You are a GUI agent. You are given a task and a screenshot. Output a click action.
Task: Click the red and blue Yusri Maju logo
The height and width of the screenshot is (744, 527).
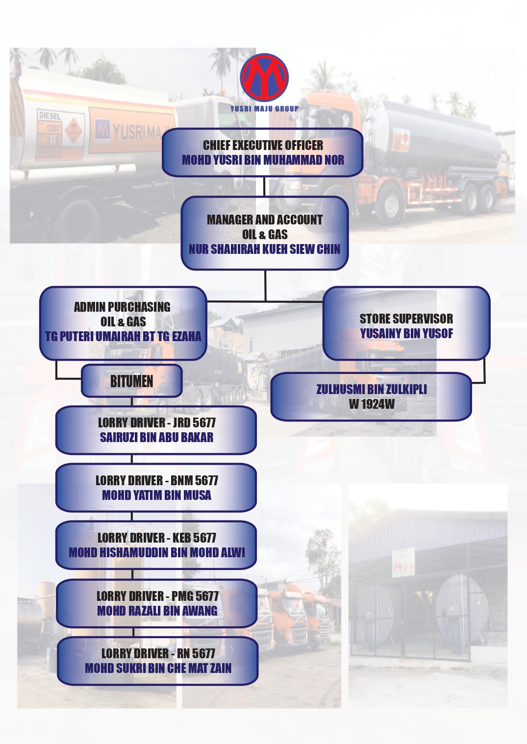coord(264,77)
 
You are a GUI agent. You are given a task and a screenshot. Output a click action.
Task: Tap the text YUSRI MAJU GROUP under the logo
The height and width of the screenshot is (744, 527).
coord(264,109)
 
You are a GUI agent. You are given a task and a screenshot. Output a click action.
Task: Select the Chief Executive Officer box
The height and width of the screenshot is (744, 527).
coord(263,152)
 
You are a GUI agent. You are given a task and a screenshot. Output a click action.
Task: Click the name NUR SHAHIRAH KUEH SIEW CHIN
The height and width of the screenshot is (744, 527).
coord(264,249)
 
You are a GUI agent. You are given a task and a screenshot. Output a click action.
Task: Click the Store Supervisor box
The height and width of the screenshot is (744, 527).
coord(406,323)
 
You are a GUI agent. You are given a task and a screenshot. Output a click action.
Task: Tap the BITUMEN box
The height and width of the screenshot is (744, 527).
coord(131,381)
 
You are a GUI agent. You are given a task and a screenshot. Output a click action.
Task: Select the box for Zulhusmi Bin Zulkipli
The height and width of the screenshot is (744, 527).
coord(371,397)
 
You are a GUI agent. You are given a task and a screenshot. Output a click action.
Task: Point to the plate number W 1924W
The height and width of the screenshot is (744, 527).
coord(372,404)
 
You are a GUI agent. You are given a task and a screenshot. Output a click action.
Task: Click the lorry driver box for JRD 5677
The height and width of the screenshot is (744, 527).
coord(156,430)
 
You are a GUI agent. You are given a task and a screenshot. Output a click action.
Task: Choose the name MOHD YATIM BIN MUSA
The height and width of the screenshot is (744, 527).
coord(156,496)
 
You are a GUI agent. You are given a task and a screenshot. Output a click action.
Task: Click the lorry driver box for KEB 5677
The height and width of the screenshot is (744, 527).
coord(156,545)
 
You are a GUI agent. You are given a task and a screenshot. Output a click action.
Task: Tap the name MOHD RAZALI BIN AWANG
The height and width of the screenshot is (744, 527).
coord(157,611)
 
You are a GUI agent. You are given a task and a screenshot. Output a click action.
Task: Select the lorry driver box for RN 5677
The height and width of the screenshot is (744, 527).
coord(157,661)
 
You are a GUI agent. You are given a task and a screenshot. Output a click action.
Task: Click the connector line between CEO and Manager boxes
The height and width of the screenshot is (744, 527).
coord(264,187)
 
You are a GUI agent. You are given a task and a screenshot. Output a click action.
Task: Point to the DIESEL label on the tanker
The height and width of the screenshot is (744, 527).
coord(50,116)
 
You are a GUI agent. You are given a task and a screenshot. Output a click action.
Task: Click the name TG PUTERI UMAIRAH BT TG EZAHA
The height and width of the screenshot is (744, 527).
coord(123,337)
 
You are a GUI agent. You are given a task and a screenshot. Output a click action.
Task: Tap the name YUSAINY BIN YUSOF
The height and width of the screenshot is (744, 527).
coord(406,334)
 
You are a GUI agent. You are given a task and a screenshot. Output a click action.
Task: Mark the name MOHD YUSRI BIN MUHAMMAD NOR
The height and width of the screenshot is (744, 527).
coord(263,160)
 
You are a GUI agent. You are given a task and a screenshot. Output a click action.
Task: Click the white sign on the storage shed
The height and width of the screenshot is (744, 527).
coord(403,562)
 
